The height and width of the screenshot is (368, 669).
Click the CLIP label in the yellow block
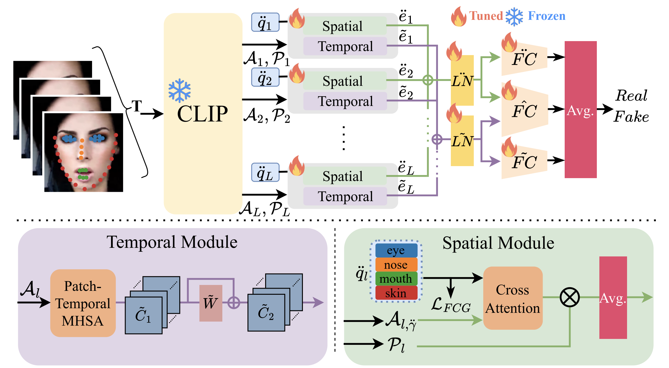(202, 114)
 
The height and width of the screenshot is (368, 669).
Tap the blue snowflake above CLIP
(180, 91)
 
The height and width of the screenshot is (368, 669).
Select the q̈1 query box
(265, 22)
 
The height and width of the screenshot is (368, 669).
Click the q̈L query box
(265, 172)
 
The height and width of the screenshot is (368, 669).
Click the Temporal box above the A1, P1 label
(345, 46)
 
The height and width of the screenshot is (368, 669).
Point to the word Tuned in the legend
(486, 16)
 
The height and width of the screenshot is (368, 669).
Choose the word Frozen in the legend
(546, 16)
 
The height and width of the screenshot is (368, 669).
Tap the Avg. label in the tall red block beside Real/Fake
(580, 111)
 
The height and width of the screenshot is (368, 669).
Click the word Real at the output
(632, 96)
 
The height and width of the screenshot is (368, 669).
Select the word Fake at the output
(631, 117)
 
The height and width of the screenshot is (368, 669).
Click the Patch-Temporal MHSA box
(83, 303)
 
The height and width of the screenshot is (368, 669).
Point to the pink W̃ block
(211, 303)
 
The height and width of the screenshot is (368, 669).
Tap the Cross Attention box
(513, 298)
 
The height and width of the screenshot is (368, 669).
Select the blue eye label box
(396, 251)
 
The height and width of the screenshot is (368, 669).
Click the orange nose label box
(396, 265)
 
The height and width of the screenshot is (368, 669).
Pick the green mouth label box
(396, 279)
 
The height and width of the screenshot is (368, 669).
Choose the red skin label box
(396, 293)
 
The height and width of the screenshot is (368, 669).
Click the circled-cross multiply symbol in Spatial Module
(570, 297)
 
